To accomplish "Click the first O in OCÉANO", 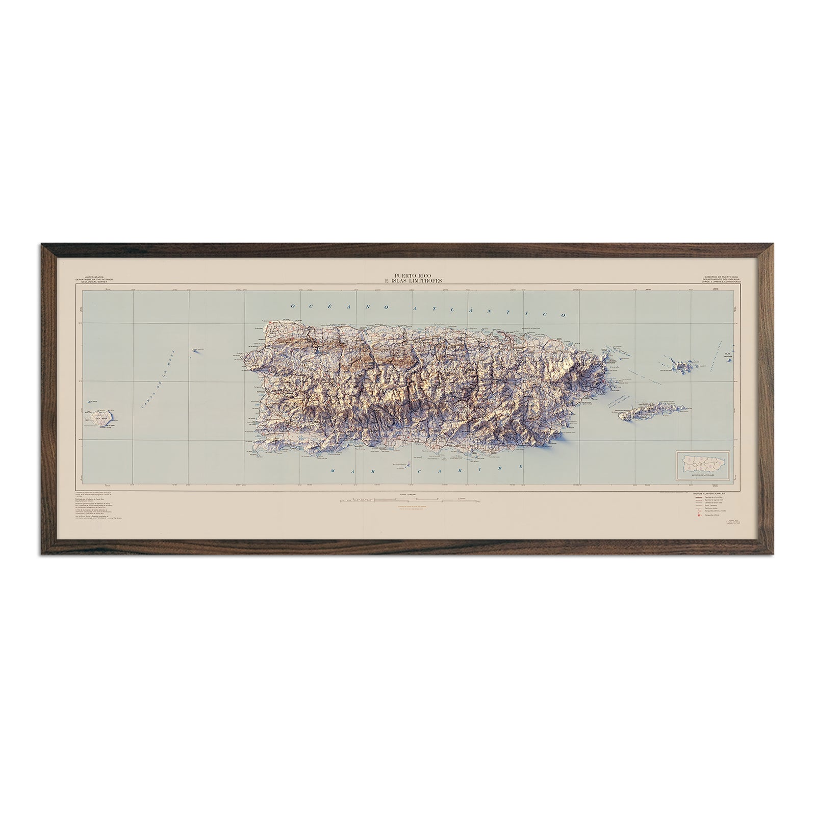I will point(293,306).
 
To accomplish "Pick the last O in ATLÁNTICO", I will point(564,315).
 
